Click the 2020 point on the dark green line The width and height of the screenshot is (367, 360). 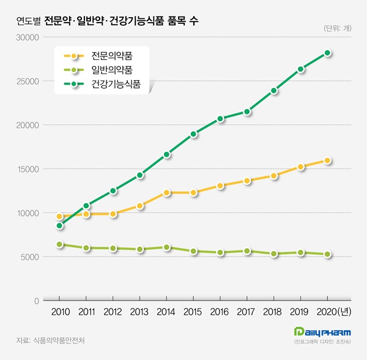coord(328,53)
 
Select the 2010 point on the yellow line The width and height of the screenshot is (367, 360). coord(59,216)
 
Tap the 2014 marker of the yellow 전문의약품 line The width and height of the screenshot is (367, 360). coord(167,193)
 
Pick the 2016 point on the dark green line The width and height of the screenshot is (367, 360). coord(221,119)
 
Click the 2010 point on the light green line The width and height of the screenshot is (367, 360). coord(59,245)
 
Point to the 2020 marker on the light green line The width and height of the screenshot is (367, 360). coord(328,255)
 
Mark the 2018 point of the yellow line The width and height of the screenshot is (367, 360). coord(274,176)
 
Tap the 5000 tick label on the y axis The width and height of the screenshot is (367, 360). coord(29,257)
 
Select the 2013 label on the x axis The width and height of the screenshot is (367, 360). coord(140,312)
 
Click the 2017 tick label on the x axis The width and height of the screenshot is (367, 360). coord(247,312)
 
